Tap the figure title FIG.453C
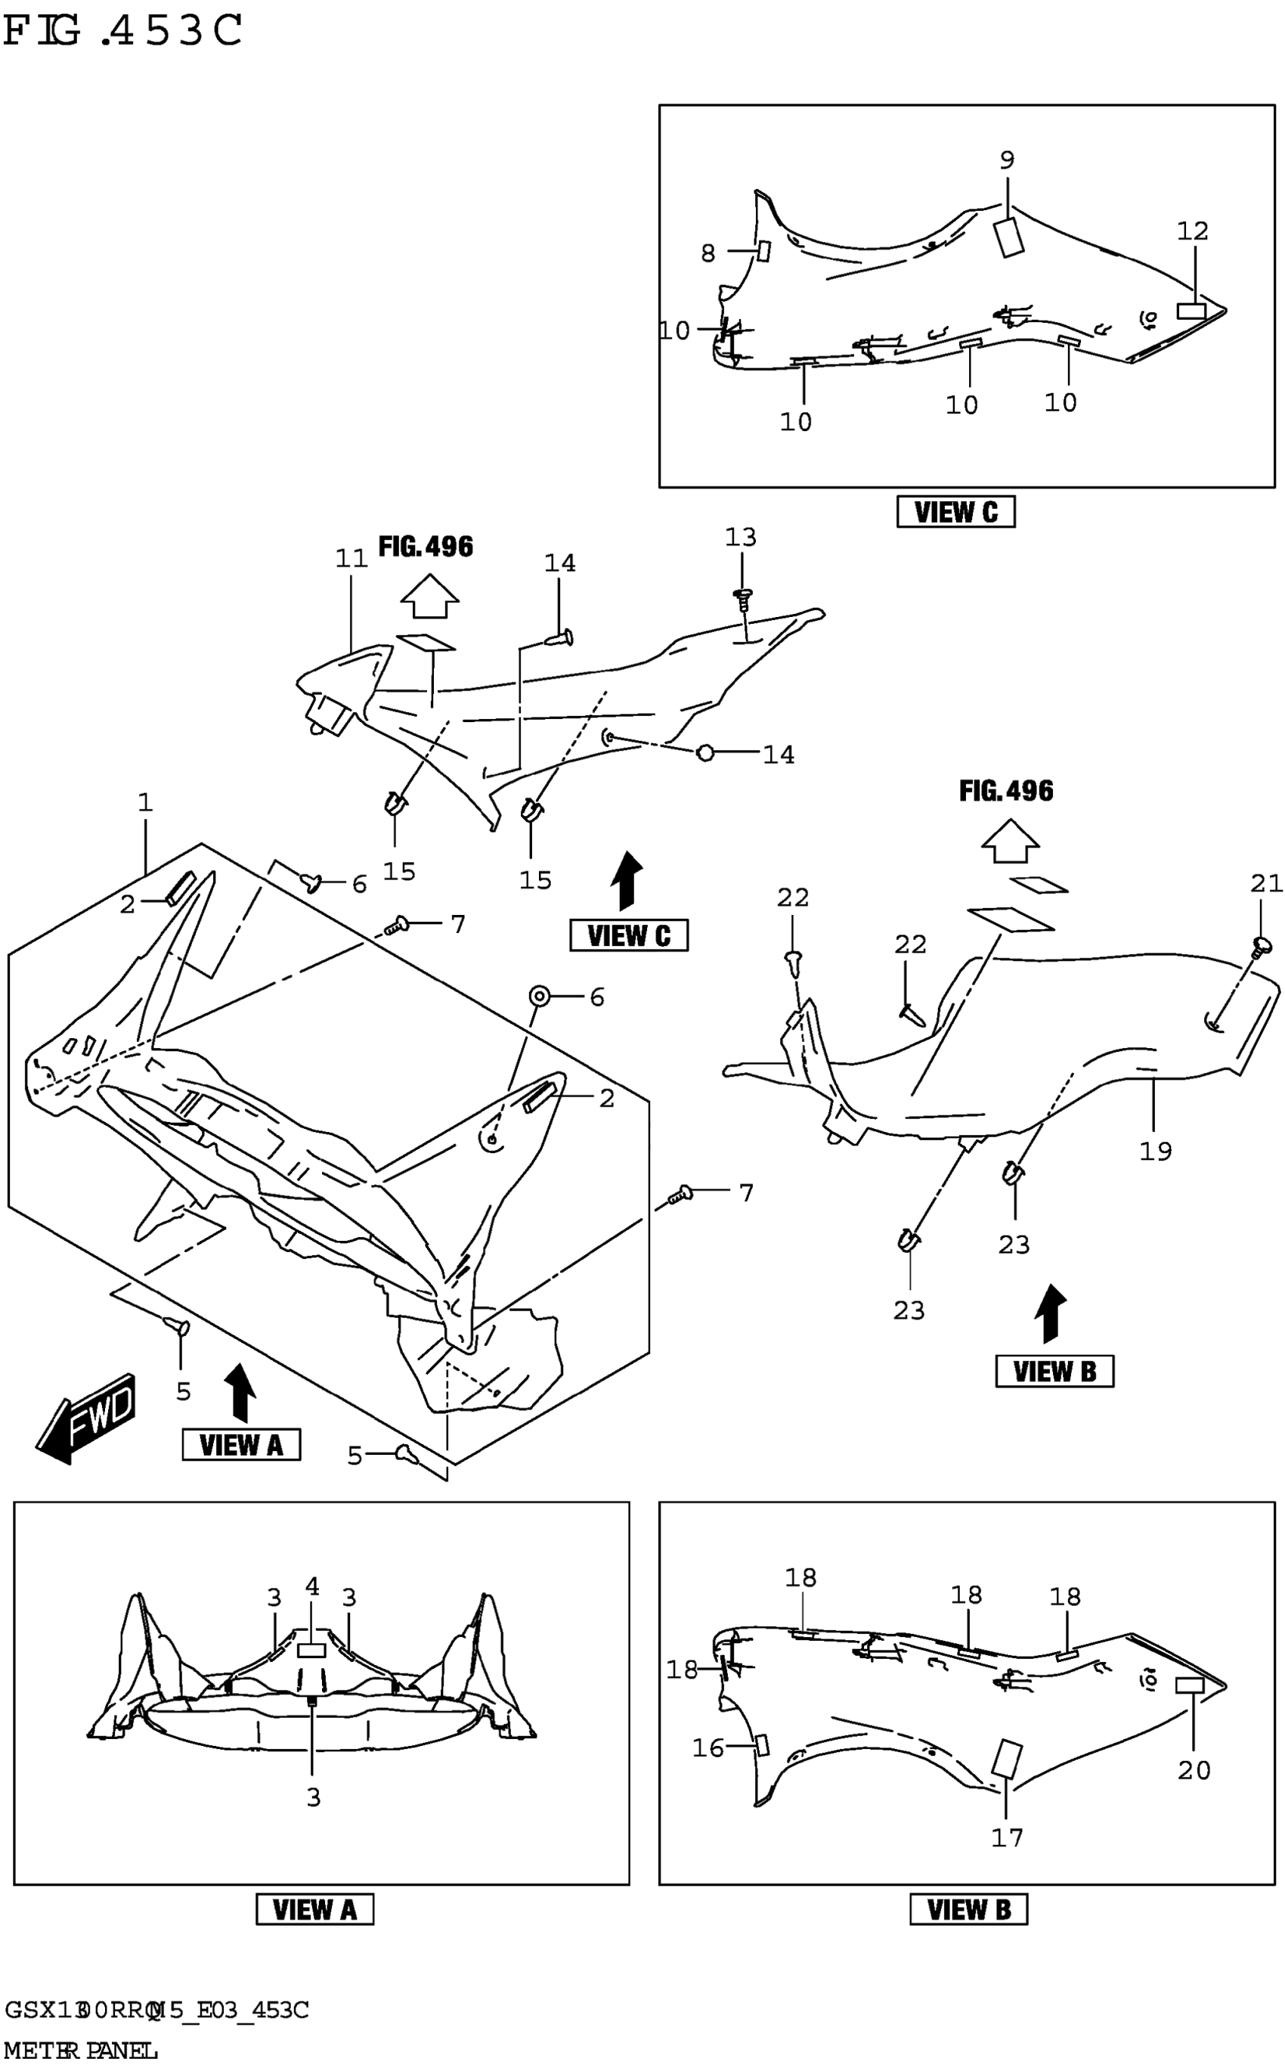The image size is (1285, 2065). pyautogui.click(x=123, y=32)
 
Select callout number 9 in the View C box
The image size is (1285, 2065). pyautogui.click(x=1007, y=160)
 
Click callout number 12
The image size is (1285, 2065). pyautogui.click(x=1192, y=231)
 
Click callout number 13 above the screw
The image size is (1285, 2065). pyautogui.click(x=740, y=538)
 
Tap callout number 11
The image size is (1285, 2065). pyautogui.click(x=351, y=559)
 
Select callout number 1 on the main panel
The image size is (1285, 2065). pyautogui.click(x=145, y=802)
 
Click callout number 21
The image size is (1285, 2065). pyautogui.click(x=1266, y=883)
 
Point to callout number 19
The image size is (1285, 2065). pyautogui.click(x=1155, y=1151)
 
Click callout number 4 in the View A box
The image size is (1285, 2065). pyautogui.click(x=312, y=1586)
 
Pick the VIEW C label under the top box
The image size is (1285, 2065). pyautogui.click(x=955, y=513)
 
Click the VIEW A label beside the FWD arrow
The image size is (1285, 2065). pyautogui.click(x=241, y=1444)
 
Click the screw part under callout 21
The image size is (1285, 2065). pyautogui.click(x=1262, y=944)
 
